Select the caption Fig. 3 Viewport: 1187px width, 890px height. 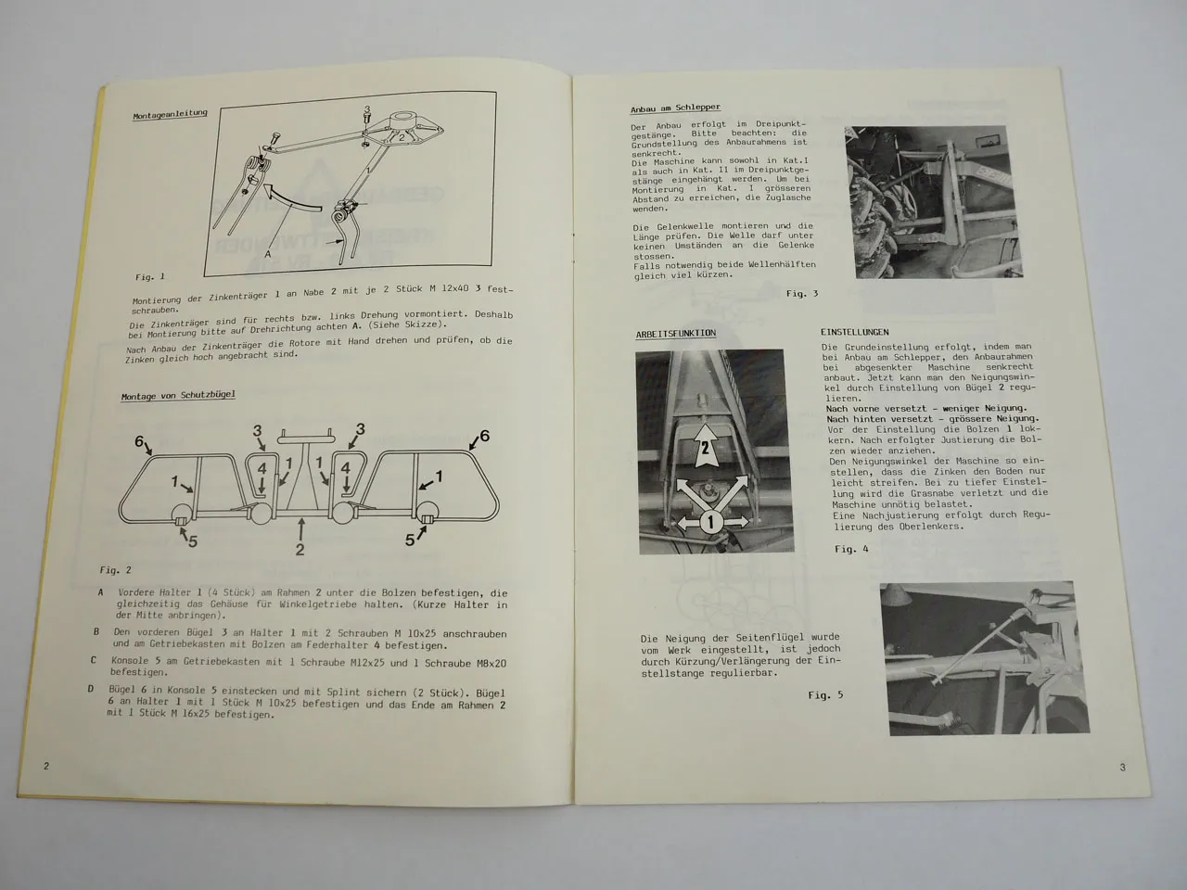click(802, 294)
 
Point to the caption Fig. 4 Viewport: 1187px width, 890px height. click(851, 549)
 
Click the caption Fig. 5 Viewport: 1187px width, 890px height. click(825, 694)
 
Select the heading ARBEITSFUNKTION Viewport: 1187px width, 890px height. click(675, 333)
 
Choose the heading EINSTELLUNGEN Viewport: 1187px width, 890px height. click(854, 332)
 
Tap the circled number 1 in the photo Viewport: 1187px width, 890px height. click(710, 522)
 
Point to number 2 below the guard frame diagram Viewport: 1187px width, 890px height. click(300, 549)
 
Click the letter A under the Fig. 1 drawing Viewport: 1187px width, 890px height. click(267, 252)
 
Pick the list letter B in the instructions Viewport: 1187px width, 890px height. click(96, 631)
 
